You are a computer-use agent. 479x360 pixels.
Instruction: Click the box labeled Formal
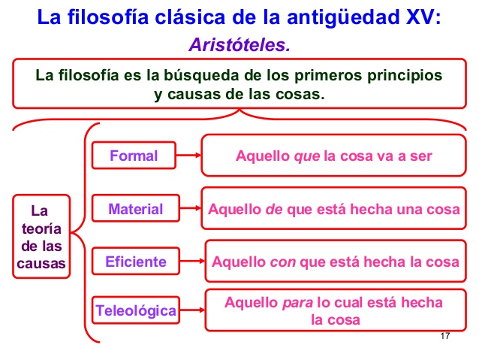coord(134,156)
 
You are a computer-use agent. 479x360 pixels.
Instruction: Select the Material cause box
coord(134,209)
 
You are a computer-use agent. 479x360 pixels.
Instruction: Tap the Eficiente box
coord(136,262)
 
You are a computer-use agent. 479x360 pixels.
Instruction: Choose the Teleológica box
coord(136,309)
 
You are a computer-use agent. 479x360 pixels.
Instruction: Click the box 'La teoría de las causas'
coord(42,235)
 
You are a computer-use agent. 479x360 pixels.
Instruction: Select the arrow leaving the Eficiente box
coord(192,262)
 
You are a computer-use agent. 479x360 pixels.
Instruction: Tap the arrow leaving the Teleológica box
coord(192,309)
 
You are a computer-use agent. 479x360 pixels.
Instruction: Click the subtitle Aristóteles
coord(239,45)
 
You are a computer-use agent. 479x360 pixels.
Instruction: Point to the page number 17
coord(445,336)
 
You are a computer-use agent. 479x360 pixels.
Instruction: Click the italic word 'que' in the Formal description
coord(306,156)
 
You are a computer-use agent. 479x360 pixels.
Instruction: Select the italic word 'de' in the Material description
coord(273,209)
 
